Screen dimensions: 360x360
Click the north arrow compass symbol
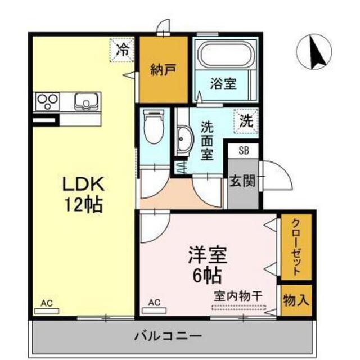point(314,51)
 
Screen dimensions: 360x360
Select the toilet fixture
point(154,126)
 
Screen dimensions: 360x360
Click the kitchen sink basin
point(86,101)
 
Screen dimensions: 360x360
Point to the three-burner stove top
point(47,101)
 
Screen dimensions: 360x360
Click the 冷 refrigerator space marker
point(121,50)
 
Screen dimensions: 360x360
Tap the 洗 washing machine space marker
point(246,121)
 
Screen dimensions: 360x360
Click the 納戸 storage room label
point(163,70)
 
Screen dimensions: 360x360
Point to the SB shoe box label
point(244,151)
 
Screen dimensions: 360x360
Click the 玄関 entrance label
point(242,181)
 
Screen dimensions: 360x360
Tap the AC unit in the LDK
point(47,311)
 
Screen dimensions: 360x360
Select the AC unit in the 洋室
point(154,311)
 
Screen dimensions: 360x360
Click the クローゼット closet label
point(296,247)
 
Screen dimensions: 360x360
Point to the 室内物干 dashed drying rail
point(238,308)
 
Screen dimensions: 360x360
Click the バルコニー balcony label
point(168,337)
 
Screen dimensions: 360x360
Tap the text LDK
point(84,183)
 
